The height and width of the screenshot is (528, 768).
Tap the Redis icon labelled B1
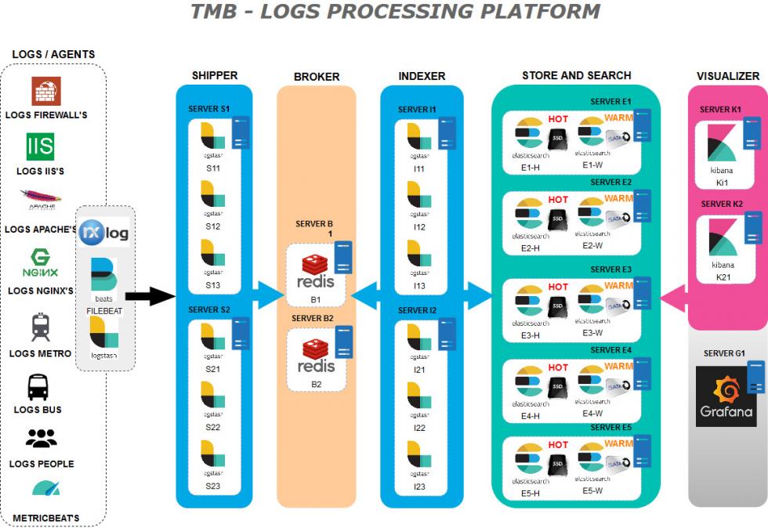317,271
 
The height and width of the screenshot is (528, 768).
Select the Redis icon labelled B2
317,356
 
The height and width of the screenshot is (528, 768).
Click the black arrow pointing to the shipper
150,295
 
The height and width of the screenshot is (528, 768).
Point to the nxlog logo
104,233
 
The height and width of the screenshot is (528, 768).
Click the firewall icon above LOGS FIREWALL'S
45,92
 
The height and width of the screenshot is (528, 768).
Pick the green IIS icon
41,146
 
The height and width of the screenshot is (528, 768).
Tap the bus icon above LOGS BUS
38,387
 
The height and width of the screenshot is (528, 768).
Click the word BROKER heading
317,77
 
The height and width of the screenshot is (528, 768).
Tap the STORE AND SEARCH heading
576,75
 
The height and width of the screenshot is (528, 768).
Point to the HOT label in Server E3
558,288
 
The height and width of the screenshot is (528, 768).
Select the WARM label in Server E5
618,443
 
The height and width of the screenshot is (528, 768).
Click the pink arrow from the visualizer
674,297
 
